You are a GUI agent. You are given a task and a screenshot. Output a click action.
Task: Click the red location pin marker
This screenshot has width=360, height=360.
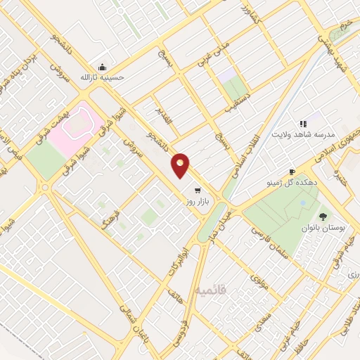pos(181,165)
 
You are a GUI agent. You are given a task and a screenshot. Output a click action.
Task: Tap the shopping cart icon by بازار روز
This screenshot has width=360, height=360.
pos(198,190)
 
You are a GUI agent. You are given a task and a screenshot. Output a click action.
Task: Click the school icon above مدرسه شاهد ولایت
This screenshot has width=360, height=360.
pos(304,124)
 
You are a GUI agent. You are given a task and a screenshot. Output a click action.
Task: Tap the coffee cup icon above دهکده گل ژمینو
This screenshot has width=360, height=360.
pos(292,171)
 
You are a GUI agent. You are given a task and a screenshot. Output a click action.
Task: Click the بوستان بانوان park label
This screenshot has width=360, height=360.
pos(324,229)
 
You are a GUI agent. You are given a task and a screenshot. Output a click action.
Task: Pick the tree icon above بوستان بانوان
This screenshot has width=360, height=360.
pos(323,217)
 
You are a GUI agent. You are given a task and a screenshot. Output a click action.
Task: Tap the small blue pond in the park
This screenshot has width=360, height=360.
pos(302,203)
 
